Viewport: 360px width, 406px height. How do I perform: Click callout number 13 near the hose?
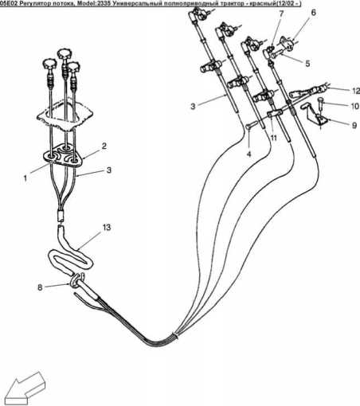(x=107, y=228)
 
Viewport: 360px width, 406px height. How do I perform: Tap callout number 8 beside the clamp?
(x=40, y=287)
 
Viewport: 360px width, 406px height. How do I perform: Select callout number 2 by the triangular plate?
(x=104, y=146)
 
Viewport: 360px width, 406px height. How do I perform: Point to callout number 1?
(x=25, y=178)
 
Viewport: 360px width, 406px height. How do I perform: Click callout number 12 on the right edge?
(x=356, y=91)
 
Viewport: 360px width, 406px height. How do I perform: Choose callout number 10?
(x=355, y=106)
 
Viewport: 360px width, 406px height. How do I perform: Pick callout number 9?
(x=354, y=125)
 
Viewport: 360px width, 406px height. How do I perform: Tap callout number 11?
(x=273, y=138)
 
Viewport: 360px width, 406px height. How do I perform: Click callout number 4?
(x=248, y=154)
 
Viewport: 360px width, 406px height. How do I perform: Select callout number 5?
(x=307, y=64)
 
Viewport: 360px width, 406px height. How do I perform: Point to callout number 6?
(x=313, y=13)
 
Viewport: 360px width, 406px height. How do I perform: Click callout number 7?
(x=281, y=14)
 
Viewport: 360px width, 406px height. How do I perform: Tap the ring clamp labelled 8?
(x=75, y=281)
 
